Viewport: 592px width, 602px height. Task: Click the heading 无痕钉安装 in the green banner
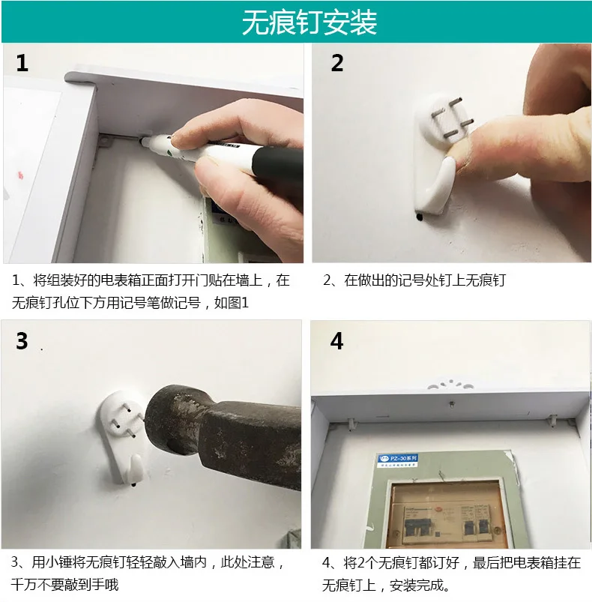click(309, 22)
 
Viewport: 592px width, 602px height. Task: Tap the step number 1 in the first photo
click(22, 63)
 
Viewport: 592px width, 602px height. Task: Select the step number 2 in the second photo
click(337, 63)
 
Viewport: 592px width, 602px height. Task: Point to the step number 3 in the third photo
click(22, 340)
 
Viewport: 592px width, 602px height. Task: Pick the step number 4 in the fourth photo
click(336, 340)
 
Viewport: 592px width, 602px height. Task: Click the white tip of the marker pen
click(145, 142)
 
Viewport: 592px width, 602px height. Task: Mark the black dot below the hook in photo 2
click(420, 217)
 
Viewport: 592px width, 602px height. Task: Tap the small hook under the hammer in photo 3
click(135, 469)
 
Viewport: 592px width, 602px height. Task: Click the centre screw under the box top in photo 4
click(453, 404)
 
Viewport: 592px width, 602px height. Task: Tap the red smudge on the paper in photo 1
click(21, 176)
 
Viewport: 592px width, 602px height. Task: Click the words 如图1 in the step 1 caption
click(232, 303)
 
